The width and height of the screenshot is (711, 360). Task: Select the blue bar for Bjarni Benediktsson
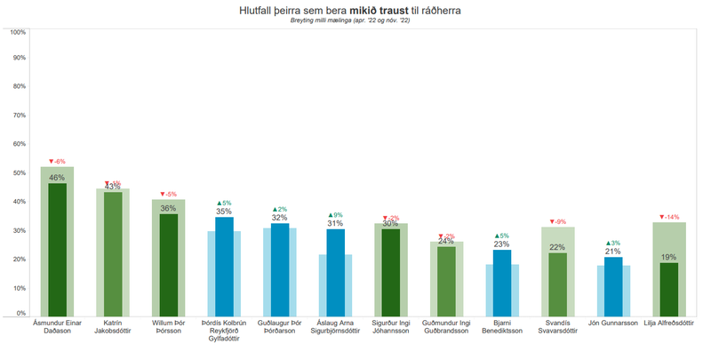tap(502, 283)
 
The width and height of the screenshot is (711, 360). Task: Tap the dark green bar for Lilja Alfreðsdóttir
tap(669, 289)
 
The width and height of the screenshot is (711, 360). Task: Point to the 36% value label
tap(168, 208)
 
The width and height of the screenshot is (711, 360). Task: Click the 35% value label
tap(224, 212)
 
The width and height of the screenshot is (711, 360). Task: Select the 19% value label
tap(669, 257)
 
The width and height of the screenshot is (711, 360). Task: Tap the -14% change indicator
tap(669, 217)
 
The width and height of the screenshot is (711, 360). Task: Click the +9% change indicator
tap(335, 215)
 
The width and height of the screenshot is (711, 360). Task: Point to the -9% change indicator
tap(557, 221)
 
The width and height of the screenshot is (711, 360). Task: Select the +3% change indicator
tap(613, 243)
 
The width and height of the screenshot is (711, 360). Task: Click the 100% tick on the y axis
tap(18, 32)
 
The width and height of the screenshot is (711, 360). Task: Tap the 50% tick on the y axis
tap(18, 173)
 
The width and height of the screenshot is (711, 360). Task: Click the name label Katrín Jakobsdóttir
tap(113, 327)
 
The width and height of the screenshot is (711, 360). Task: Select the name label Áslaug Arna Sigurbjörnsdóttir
tap(335, 327)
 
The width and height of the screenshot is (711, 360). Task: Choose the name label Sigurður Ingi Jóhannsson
tap(391, 327)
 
